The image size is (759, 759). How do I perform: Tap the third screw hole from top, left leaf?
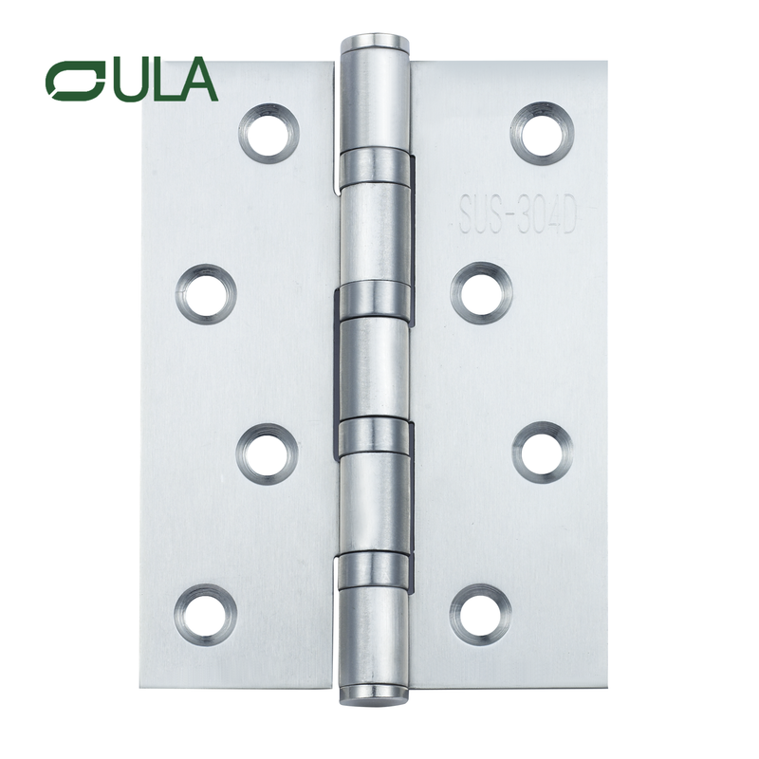(268, 452)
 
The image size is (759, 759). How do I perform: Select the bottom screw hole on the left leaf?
(205, 613)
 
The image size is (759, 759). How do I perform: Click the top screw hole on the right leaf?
(542, 132)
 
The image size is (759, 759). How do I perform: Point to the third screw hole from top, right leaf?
(542, 450)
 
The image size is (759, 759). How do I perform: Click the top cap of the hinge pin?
(375, 44)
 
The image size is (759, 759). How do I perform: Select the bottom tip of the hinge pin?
(374, 698)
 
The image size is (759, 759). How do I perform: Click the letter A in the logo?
(197, 81)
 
